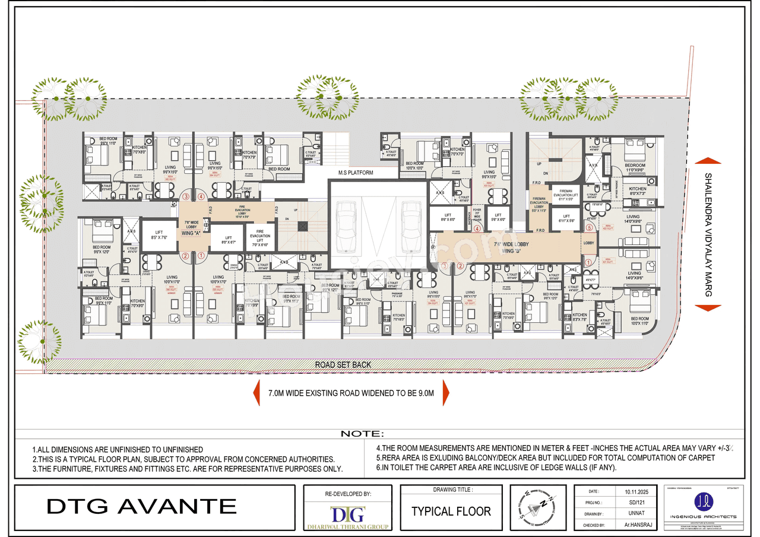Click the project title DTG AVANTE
141,506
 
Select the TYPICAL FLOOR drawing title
451,511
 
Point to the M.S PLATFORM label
356,173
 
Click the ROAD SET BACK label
343,365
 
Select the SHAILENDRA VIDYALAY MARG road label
707,234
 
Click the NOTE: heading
363,434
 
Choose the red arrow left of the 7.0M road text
257,393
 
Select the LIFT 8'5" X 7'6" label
160,234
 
